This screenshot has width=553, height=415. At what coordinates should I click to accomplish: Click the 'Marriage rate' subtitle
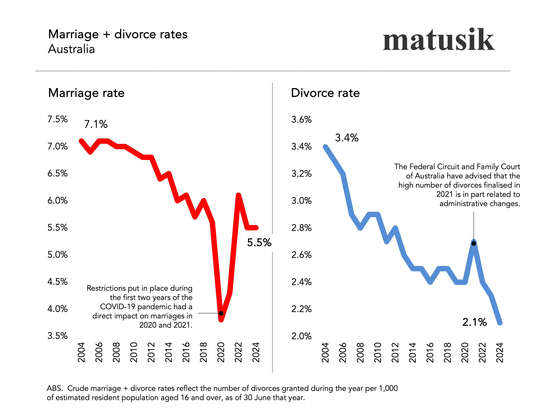(86, 93)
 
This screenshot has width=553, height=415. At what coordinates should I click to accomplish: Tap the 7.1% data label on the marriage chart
(96, 124)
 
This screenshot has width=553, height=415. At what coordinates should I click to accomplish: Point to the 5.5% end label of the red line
(259, 242)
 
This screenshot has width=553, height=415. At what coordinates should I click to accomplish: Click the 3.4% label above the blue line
(347, 138)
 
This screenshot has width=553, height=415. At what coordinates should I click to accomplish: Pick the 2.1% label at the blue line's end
(474, 322)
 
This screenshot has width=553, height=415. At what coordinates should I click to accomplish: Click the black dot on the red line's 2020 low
(221, 313)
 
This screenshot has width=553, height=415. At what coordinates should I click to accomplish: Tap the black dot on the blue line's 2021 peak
(474, 243)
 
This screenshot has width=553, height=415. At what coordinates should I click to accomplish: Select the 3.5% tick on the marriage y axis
(57, 336)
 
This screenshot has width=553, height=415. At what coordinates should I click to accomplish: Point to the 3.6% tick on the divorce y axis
(301, 119)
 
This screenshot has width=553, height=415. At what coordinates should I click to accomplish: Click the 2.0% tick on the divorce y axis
(301, 336)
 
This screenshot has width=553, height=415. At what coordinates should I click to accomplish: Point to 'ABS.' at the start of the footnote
(54, 388)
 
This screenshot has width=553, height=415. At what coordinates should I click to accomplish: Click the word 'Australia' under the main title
(72, 49)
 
